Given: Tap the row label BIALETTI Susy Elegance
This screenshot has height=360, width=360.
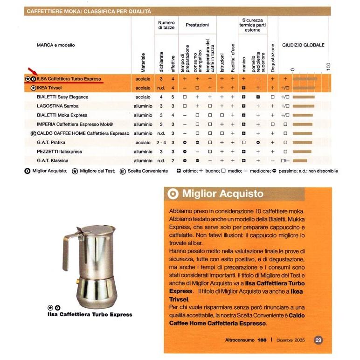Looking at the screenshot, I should (62, 97).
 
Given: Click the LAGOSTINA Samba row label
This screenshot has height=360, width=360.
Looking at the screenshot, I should (58, 106).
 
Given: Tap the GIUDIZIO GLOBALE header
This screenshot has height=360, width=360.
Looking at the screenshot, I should (303, 45).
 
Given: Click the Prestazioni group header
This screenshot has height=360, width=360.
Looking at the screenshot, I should (197, 25).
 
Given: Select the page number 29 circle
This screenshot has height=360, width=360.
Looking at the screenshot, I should (318, 340).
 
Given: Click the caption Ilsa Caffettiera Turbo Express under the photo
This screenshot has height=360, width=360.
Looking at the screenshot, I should (90, 314).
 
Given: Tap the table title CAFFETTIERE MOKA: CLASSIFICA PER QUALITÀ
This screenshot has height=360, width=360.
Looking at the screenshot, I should (88, 11).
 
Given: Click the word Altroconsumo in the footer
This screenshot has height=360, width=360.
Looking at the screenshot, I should (240, 340).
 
